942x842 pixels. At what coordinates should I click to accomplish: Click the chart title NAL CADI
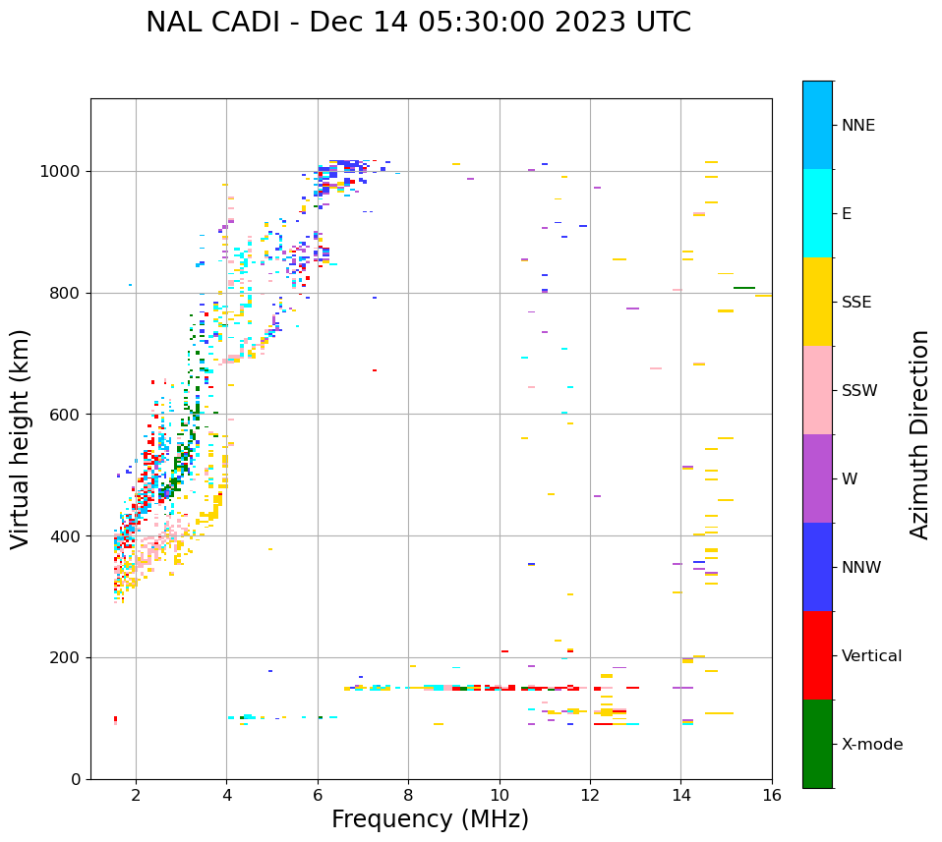point(418,23)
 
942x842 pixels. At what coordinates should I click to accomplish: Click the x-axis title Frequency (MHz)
point(430,819)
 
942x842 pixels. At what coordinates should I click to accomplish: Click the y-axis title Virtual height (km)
point(21,438)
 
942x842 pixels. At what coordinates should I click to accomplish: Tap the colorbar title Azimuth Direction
point(919,434)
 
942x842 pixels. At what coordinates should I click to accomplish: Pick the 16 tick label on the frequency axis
point(772,795)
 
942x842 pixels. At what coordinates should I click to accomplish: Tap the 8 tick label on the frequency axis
point(408,795)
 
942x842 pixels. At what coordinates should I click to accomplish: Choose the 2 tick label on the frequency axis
point(136,795)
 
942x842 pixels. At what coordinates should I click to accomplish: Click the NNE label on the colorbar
point(857,126)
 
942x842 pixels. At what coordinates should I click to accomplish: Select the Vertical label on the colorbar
point(871,656)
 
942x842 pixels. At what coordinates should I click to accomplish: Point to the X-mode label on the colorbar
point(872,745)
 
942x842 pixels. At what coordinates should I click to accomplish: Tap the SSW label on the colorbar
point(859,391)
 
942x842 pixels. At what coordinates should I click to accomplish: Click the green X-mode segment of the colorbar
point(817,744)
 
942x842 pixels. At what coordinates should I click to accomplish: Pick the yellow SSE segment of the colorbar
point(817,302)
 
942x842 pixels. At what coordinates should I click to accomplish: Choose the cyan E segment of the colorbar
point(817,213)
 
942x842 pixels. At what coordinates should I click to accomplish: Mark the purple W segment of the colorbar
point(817,478)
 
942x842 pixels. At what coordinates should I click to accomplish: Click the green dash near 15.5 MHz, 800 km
point(744,288)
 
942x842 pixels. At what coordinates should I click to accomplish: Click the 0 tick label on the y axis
point(76,779)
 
